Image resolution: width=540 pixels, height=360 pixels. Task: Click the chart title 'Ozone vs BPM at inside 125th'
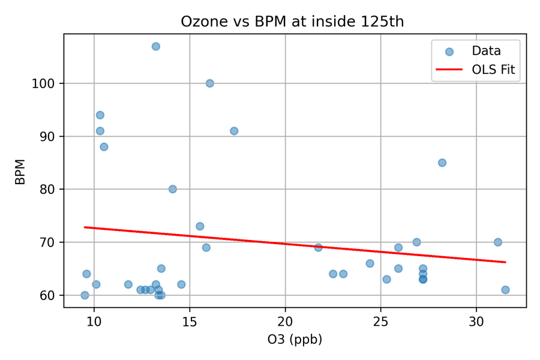tap(292, 22)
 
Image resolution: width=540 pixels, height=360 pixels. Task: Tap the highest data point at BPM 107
tap(155, 46)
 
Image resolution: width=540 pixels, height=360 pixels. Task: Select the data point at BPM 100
tap(209, 83)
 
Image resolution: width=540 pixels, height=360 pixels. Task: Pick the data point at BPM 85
tap(442, 163)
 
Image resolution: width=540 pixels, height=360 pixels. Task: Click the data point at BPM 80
tap(173, 189)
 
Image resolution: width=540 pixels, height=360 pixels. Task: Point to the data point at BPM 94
tap(100, 115)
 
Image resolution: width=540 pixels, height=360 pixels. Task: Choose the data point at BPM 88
tap(104, 147)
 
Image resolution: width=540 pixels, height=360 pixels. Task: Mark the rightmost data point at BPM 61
tap(505, 290)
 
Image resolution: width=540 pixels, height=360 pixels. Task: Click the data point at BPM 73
tap(200, 226)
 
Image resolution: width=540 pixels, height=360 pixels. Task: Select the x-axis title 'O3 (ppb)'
tap(295, 340)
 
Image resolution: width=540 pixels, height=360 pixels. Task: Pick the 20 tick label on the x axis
tap(285, 321)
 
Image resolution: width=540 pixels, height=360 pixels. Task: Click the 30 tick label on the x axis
tap(476, 321)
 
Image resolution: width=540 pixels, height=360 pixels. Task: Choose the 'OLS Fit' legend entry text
tap(493, 70)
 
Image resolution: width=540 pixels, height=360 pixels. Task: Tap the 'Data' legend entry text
tap(486, 51)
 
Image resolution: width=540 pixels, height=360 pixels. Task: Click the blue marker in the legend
tap(449, 52)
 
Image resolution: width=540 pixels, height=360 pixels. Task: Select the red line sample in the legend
tap(449, 70)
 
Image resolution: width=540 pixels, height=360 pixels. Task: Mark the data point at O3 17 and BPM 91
tap(234, 131)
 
